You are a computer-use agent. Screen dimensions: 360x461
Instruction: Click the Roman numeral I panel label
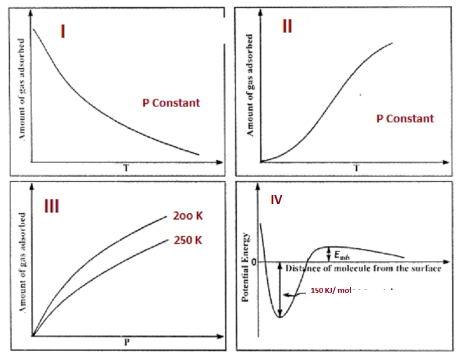pos(62,31)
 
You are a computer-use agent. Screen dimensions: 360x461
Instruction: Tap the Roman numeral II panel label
pos(287,27)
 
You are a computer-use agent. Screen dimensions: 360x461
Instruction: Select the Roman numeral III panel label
pos(52,206)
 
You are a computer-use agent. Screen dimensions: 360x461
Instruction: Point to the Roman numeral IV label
pos(276,200)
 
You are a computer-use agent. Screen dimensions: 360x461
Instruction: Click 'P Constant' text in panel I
pos(171,103)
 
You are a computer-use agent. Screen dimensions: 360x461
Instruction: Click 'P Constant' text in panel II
pos(405,119)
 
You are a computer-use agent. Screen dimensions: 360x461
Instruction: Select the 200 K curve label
pos(187,216)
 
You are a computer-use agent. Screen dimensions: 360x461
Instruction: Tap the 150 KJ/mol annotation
pos(331,290)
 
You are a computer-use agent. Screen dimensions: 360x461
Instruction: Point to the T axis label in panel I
pos(125,169)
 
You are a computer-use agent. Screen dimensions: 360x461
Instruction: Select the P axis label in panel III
pos(126,343)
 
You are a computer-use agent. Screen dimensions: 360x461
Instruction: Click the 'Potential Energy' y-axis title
pos(246,267)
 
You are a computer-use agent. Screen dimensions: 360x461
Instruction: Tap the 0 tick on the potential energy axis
pos(254,262)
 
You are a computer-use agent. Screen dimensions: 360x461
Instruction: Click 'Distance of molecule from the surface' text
pos(363,269)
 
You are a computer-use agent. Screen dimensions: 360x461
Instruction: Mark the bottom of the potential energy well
pos(281,316)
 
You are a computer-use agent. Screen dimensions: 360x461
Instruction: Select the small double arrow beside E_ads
pos(329,254)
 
